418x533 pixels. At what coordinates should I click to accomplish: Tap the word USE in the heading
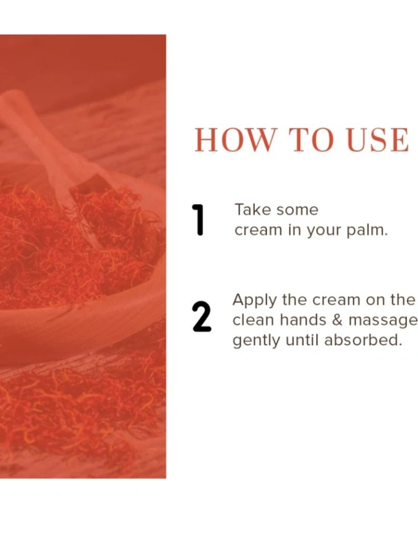(378, 140)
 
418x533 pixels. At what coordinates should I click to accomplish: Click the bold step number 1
(198, 220)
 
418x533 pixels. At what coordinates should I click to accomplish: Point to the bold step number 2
(201, 316)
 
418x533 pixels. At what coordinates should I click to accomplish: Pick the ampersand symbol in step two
(336, 320)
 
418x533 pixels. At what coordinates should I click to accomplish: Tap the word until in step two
(302, 339)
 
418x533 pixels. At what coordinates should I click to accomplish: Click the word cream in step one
(258, 231)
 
